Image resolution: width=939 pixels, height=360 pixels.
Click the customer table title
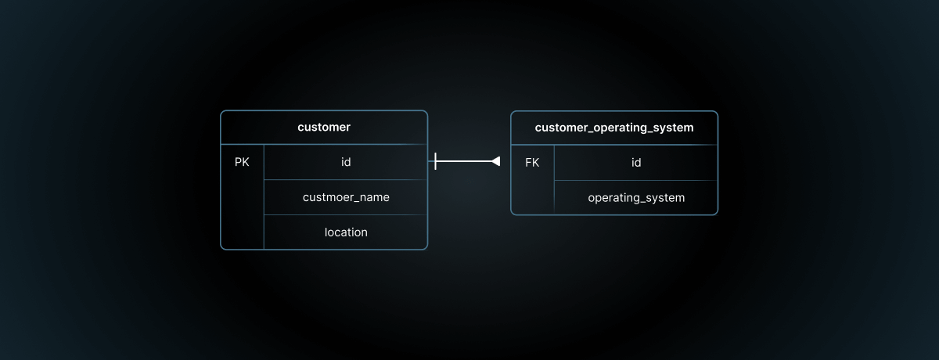coord(324,127)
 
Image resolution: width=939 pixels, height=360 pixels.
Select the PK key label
coord(242,163)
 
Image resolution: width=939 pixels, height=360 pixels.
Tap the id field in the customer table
coord(346,163)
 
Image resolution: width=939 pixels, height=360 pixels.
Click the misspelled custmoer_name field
coord(346,197)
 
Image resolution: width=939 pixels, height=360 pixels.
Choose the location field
coord(346,232)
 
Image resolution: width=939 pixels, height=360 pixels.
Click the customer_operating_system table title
coord(614,127)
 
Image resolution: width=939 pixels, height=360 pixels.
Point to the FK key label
coord(532,163)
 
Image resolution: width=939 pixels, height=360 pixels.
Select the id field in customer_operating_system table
coord(636,163)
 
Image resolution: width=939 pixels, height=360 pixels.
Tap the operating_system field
coord(636,197)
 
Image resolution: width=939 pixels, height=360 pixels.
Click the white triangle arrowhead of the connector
coord(495,161)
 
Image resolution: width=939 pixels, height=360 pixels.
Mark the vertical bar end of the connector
coord(435,161)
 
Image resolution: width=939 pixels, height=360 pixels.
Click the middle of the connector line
coord(465,161)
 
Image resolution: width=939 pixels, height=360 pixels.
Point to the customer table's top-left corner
coord(221,112)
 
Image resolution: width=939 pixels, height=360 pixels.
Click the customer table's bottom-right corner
coord(426,248)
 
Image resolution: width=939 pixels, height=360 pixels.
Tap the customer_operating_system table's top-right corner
coord(717,112)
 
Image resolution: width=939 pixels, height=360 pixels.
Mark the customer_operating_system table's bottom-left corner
coord(512,213)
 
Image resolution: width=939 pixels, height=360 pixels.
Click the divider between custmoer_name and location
coord(345,214)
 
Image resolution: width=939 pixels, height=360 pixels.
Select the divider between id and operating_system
coord(635,180)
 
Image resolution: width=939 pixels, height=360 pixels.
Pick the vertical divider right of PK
coord(264,196)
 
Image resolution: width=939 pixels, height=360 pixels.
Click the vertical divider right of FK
coord(554,179)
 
